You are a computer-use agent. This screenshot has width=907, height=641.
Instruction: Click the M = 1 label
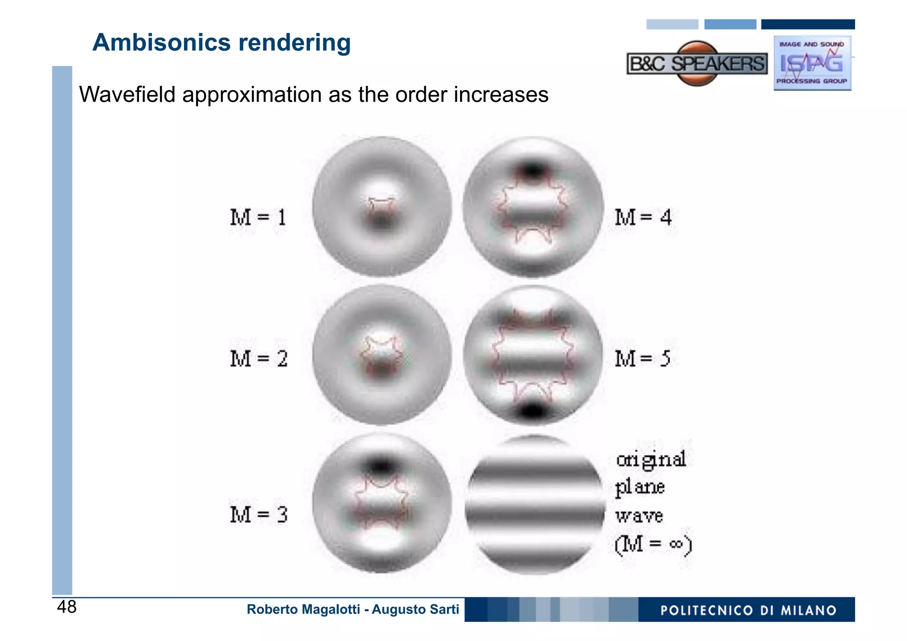coord(258,217)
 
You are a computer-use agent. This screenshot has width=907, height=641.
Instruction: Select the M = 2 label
coord(259,358)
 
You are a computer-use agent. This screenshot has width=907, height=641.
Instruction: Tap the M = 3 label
coord(259,514)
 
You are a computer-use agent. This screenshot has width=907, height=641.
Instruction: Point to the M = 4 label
coord(643,217)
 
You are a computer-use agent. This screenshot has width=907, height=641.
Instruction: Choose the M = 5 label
coord(642,358)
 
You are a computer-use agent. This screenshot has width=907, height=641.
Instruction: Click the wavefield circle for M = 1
coord(382,206)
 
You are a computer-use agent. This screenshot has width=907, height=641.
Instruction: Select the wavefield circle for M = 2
coord(382,355)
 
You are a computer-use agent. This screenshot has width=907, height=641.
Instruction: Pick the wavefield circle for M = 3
coord(382,503)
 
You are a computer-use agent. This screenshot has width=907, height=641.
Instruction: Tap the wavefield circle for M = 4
coord(533,206)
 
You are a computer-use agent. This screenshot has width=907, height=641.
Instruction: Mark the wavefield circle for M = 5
coord(533,355)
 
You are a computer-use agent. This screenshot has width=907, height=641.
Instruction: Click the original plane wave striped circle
coord(535,505)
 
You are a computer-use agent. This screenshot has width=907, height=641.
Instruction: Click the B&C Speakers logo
coord(697,64)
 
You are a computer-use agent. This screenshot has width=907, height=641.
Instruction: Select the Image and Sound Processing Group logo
coord(812,63)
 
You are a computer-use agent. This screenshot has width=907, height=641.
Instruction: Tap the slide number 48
coord(67,607)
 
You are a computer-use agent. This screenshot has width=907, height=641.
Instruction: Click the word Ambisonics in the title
coord(162,43)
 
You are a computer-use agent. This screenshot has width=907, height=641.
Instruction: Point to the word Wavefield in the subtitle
coord(127,94)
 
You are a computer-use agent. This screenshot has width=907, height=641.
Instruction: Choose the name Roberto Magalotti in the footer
coord(303,610)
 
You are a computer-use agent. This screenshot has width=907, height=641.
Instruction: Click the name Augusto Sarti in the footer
coord(415,610)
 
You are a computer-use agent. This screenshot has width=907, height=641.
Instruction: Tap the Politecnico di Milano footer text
coord(748,610)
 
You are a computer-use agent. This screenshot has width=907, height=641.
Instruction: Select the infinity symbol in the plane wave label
coord(676,544)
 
